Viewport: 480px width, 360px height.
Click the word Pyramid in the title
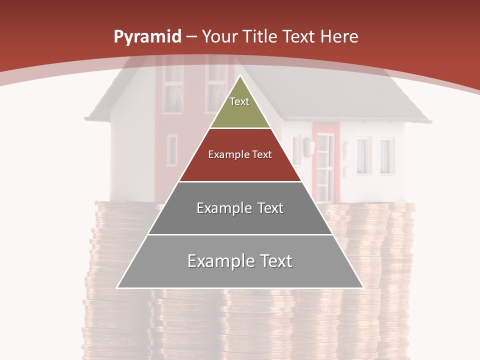pyautogui.click(x=147, y=37)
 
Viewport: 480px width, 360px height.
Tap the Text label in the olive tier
pyautogui.click(x=239, y=101)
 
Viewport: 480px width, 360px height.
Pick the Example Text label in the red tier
pyautogui.click(x=240, y=154)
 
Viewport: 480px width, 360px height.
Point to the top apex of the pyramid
pyautogui.click(x=240, y=76)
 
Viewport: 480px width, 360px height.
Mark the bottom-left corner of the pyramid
pyautogui.click(x=117, y=287)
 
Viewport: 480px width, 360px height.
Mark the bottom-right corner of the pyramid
pyautogui.click(x=363, y=287)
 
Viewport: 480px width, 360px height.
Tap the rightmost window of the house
pyautogui.click(x=387, y=156)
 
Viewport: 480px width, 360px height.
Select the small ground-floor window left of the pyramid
pyautogui.click(x=171, y=149)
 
